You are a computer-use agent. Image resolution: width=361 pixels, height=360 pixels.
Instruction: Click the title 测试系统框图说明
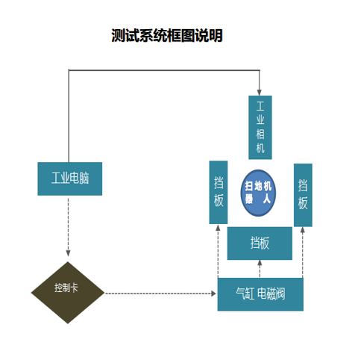[167, 35]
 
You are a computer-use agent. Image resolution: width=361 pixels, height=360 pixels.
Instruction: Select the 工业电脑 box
[70, 179]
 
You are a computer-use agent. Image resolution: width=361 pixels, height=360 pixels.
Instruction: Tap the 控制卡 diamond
[68, 293]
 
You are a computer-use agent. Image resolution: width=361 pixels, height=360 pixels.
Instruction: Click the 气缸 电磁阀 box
[260, 294]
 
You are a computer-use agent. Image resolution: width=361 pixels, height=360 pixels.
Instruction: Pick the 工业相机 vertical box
[260, 127]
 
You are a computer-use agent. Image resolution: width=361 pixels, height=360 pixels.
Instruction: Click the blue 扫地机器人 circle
[258, 193]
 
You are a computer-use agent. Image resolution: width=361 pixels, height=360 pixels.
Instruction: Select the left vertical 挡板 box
[219, 192]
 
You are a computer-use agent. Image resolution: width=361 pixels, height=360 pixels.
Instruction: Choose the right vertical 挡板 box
[303, 195]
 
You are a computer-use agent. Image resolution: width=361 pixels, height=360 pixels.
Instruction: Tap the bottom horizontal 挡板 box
[260, 243]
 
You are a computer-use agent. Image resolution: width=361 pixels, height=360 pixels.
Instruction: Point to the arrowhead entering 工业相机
[260, 93]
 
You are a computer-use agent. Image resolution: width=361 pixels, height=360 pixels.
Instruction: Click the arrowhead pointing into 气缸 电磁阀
[213, 294]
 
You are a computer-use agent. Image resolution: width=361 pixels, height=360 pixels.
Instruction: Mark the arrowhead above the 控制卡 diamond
[68, 253]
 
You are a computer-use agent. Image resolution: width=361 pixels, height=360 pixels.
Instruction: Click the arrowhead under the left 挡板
[218, 228]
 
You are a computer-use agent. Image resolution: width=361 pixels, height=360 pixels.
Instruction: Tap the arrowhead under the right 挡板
[303, 229]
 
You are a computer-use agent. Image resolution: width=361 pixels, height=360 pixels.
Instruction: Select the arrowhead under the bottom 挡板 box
[260, 263]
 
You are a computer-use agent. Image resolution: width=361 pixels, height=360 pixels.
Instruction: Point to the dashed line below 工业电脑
[68, 226]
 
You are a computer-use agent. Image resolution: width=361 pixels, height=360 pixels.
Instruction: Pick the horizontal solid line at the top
[164, 70]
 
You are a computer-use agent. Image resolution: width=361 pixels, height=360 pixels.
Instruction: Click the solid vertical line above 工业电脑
[69, 117]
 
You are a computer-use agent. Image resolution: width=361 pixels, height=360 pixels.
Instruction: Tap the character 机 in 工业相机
[260, 148]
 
